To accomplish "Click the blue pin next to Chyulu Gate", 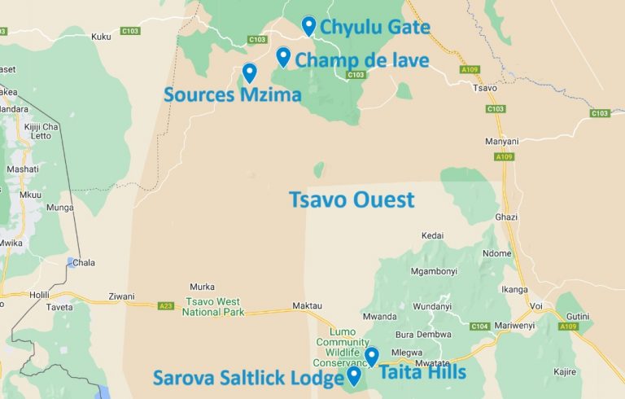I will coord(308,26).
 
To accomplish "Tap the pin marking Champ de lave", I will coord(283,57).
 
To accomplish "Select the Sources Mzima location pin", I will coord(249,72).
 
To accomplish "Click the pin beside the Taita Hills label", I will coord(372,356).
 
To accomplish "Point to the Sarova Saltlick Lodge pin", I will coord(354,375).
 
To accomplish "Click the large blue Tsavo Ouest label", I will coord(352,199).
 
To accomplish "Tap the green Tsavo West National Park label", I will coord(215,307).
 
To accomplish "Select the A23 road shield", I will coord(166,305).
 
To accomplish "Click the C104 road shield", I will coord(479,326).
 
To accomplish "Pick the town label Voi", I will coord(535,306).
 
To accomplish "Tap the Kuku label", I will coord(101,37).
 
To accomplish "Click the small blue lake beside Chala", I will coord(71,262).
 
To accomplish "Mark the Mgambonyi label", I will coord(435,271).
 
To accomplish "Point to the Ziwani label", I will coord(120,296).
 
